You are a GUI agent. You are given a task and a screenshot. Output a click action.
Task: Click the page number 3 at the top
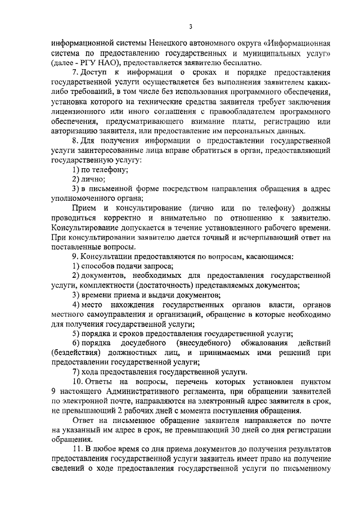(x=191, y=26)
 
